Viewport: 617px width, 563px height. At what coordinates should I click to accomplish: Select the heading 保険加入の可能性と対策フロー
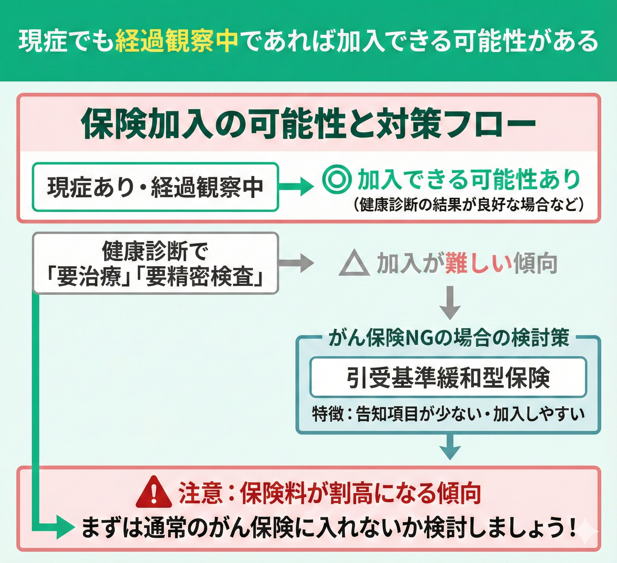[x=308, y=124]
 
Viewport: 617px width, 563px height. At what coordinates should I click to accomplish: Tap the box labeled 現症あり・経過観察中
[x=155, y=186]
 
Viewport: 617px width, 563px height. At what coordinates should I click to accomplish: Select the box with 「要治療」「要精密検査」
[x=155, y=264]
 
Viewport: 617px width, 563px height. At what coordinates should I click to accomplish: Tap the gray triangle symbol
[x=354, y=264]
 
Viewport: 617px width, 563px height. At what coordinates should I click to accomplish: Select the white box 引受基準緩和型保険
[x=448, y=378]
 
